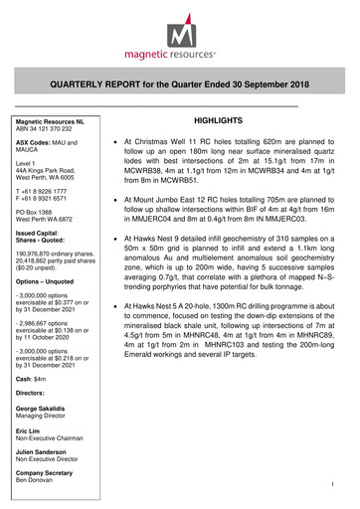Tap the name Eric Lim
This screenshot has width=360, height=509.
click(28, 433)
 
